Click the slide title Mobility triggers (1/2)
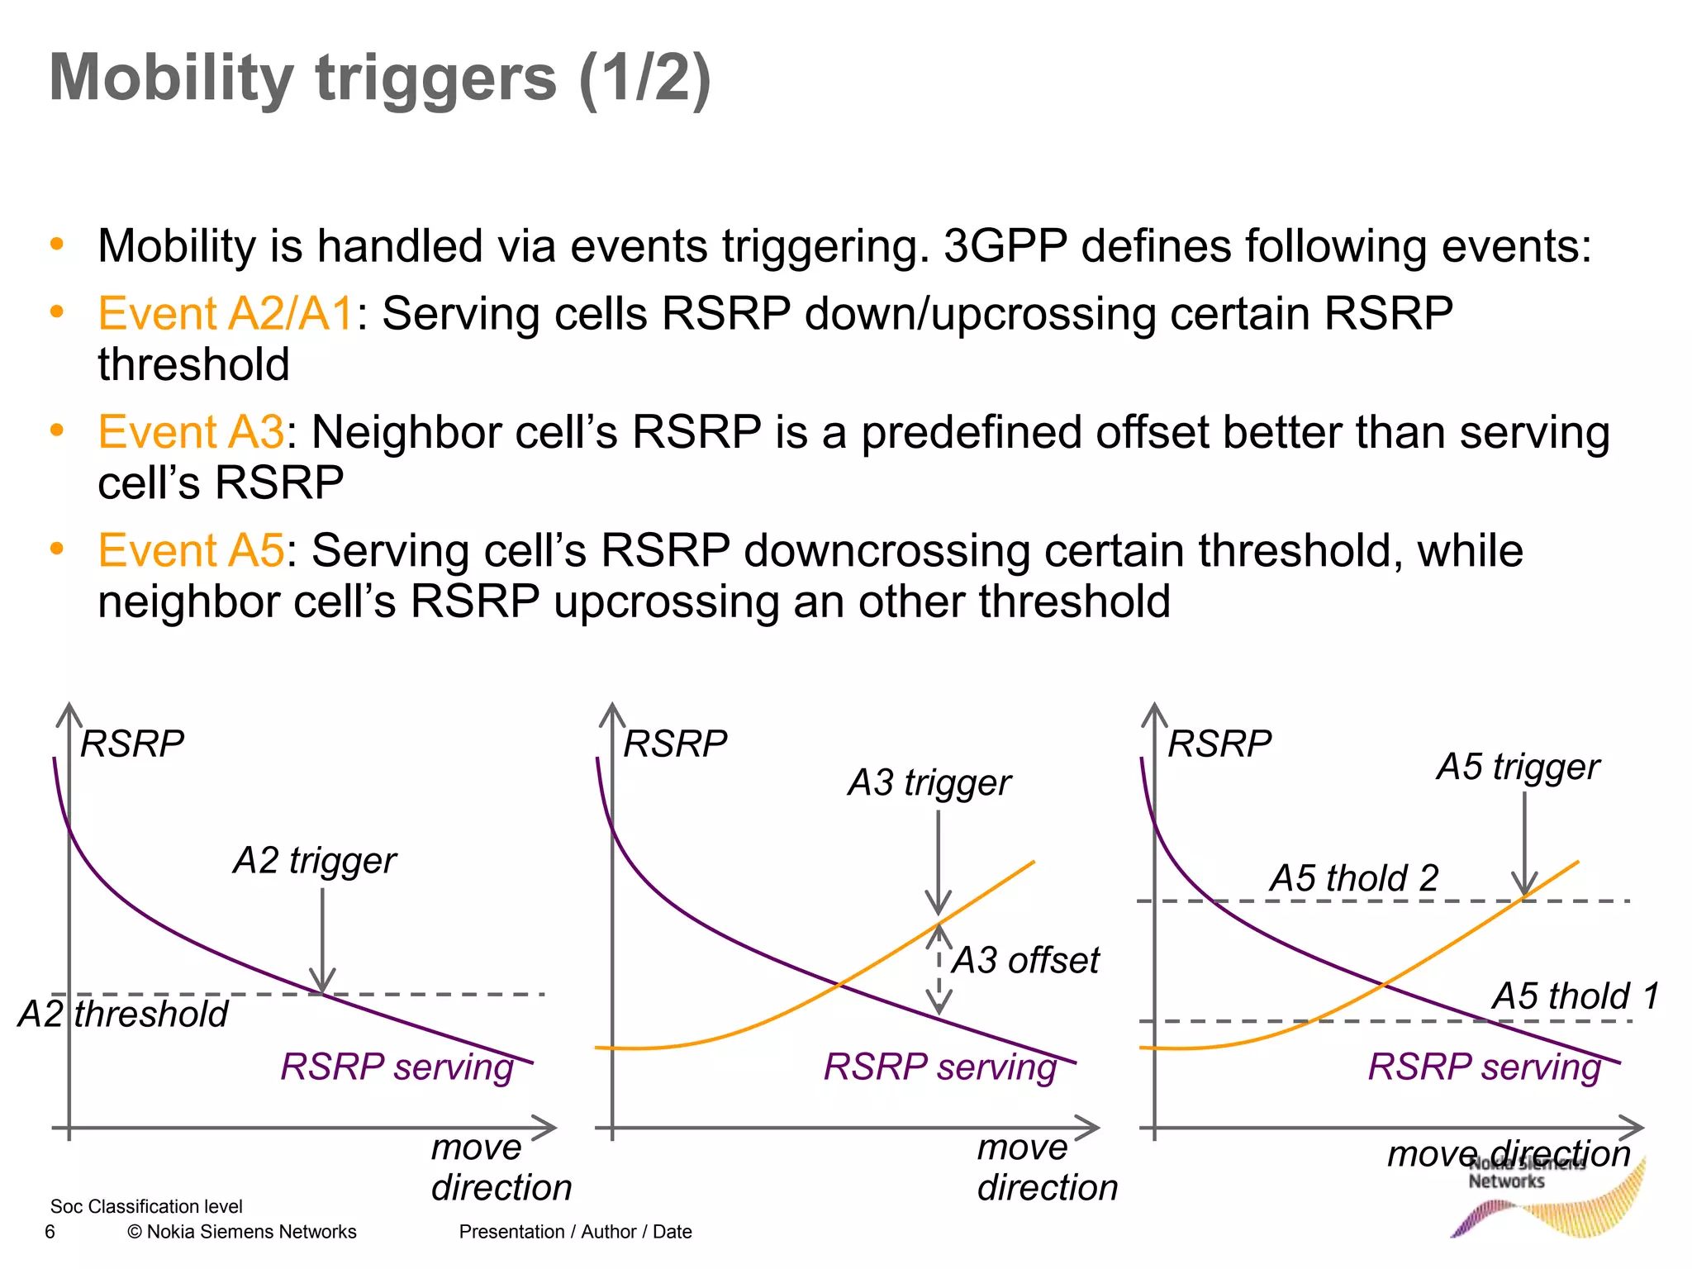coord(380,78)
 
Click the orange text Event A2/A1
coord(226,315)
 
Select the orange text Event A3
coord(191,433)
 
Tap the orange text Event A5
coord(191,551)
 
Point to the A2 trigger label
coord(315,861)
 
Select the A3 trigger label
coord(929,783)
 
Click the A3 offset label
coord(1025,961)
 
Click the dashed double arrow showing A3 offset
coord(939,968)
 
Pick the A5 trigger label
coord(1518,768)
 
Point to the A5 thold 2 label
coord(1354,878)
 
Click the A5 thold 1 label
coord(1576,996)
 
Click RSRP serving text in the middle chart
coord(940,1067)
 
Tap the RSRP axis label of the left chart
coord(132,744)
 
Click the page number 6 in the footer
coord(50,1233)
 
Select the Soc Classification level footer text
coord(146,1207)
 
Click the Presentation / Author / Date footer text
coord(575,1233)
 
